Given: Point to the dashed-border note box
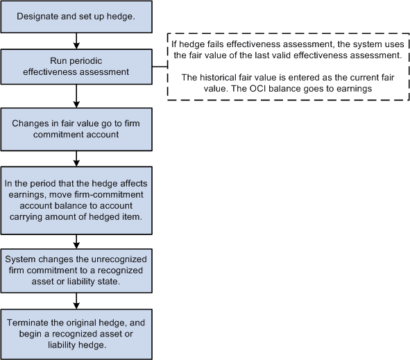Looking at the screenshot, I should pyautogui.click(x=287, y=67).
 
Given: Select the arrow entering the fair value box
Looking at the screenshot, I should pyautogui.click(x=75, y=95).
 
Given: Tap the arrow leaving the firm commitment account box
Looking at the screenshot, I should pyautogui.click(x=75, y=159).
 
